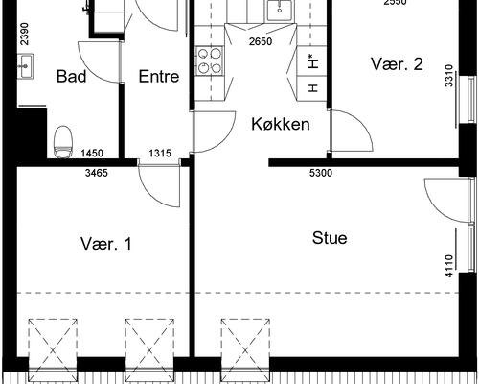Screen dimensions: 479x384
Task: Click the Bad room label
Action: coord(71,76)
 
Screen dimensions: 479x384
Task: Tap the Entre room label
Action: coord(159,76)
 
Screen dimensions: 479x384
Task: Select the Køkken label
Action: coord(281,124)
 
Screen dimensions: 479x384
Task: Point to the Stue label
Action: coord(330,238)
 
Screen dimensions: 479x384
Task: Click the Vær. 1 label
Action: coord(105,244)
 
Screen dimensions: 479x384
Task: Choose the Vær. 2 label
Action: coord(397,63)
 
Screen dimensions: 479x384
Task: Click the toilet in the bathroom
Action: coord(63,142)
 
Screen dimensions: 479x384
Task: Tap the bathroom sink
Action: coord(25,65)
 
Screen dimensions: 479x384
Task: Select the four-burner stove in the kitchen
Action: coord(210,60)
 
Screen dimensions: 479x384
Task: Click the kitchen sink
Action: coord(280,11)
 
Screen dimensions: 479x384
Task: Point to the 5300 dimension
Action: coord(321,173)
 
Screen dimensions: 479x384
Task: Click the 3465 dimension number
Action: coord(97,173)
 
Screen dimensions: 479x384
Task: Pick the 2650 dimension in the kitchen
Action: coord(261,41)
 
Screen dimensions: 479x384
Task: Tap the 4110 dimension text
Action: coord(449,266)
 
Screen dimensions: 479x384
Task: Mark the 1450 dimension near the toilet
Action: coord(92,154)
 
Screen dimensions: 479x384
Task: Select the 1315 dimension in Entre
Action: coord(160,154)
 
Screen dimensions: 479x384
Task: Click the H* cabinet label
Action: coord(313,61)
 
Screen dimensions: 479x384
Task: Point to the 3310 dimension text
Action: coord(449,76)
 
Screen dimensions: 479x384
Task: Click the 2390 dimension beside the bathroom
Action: coord(24,34)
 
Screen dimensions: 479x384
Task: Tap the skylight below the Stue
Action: coord(245,350)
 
